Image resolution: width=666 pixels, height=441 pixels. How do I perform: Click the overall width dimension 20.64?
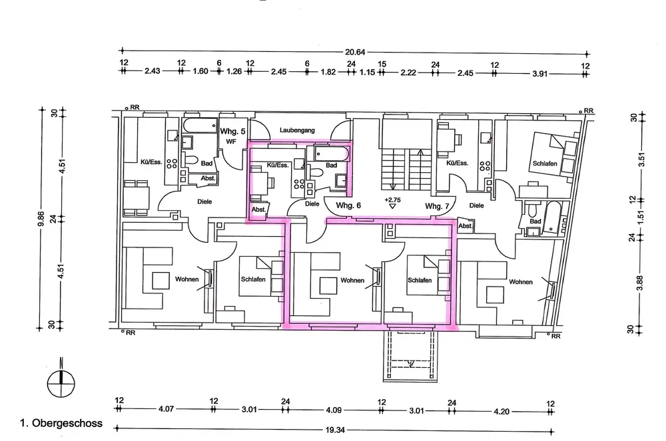pyautogui.click(x=355, y=52)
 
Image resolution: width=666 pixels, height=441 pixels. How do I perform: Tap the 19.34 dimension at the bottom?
pyautogui.click(x=335, y=430)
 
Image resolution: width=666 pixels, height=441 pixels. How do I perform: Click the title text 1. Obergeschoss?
pyautogui.click(x=61, y=423)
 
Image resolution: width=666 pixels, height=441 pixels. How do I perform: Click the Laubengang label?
pyautogui.click(x=297, y=130)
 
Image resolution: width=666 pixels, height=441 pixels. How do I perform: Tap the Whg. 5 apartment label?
pyautogui.click(x=232, y=132)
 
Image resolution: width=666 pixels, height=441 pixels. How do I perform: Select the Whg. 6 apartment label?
pyautogui.click(x=348, y=206)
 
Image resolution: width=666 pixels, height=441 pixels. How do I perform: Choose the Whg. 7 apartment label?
pyautogui.click(x=437, y=206)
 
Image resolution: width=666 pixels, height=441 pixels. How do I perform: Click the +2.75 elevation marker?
pyautogui.click(x=392, y=200)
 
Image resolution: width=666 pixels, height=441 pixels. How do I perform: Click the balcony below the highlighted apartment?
pyautogui.click(x=410, y=356)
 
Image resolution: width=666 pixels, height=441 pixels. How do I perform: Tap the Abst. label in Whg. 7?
pyautogui.click(x=466, y=226)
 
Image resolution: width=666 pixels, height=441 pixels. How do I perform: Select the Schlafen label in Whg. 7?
pyautogui.click(x=545, y=163)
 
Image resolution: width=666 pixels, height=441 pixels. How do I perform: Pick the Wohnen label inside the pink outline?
pyautogui.click(x=352, y=280)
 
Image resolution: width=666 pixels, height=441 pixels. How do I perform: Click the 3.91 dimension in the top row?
pyautogui.click(x=539, y=73)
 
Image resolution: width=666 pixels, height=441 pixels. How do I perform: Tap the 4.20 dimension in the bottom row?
pyautogui.click(x=501, y=411)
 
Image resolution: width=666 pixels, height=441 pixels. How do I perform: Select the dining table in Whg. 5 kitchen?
pyautogui.click(x=137, y=197)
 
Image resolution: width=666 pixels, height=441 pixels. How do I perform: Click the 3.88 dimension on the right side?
pyautogui.click(x=641, y=283)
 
